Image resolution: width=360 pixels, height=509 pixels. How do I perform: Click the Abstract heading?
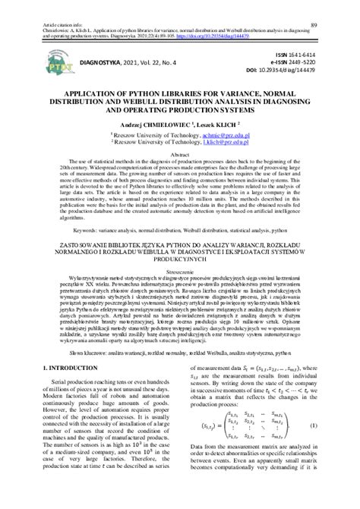[x=180, y=154]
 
